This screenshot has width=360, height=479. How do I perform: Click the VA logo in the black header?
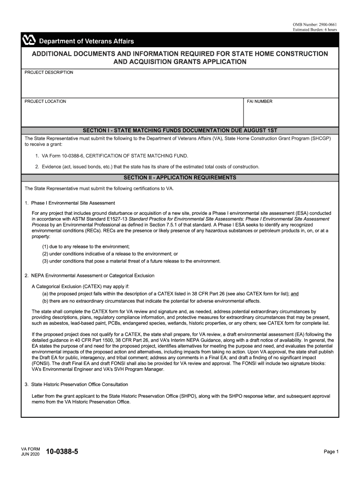[x=29, y=41]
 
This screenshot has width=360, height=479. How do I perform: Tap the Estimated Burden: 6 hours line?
[x=315, y=29]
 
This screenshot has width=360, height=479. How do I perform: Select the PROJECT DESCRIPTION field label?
[x=49, y=73]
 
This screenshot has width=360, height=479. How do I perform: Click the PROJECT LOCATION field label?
[x=45, y=102]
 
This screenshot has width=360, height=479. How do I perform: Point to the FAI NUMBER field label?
[x=259, y=102]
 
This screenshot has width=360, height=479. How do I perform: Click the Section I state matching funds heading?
[x=180, y=131]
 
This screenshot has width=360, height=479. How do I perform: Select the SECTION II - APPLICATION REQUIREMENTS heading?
[x=180, y=178]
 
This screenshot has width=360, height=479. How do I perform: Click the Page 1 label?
[x=331, y=451]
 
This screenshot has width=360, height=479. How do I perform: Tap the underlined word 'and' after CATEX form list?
[x=295, y=294]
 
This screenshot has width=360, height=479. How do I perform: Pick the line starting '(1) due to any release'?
[x=86, y=247]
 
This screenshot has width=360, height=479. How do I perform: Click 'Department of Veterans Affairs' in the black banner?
[x=86, y=42]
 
